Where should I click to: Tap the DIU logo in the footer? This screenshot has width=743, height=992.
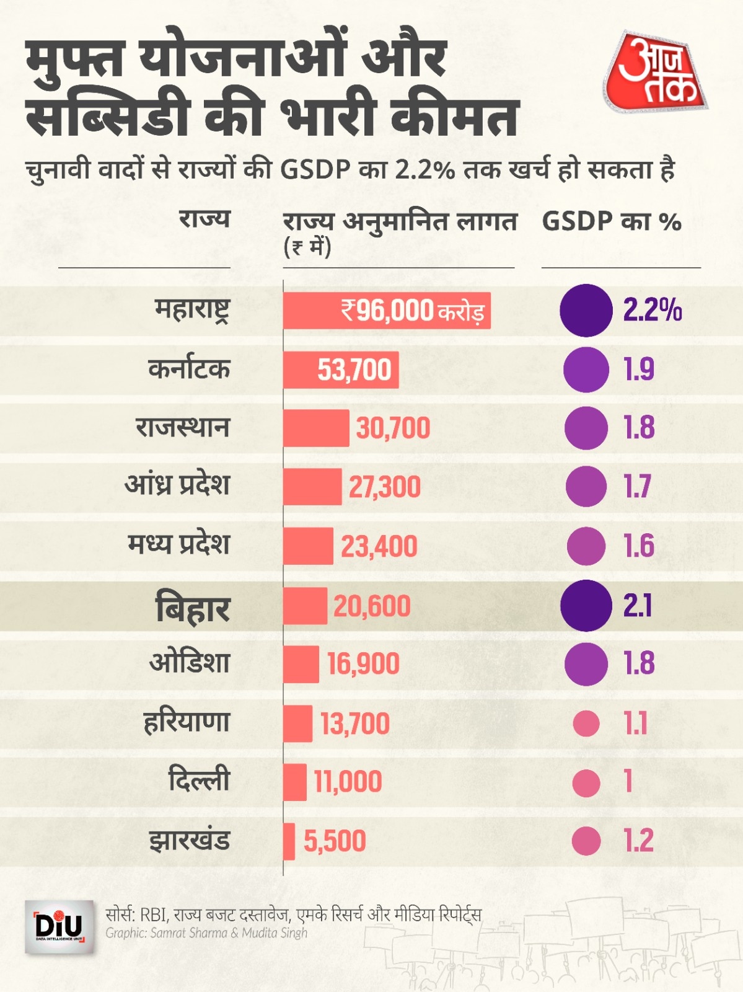pyautogui.click(x=59, y=928)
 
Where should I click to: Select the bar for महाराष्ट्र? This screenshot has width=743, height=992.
pyautogui.click(x=387, y=310)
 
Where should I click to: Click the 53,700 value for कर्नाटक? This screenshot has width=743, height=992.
pyautogui.click(x=354, y=370)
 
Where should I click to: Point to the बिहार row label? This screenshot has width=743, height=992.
pyautogui.click(x=192, y=608)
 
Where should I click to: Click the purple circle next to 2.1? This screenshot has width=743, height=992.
pyautogui.click(x=586, y=606)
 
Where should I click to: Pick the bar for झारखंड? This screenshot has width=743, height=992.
pyautogui.click(x=289, y=841)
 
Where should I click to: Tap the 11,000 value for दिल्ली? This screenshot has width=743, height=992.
pyautogui.click(x=348, y=781)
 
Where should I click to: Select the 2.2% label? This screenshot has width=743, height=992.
pyautogui.click(x=652, y=310)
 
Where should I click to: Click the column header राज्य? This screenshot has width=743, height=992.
pyautogui.click(x=204, y=219)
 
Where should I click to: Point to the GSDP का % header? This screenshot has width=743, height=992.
pyautogui.click(x=611, y=222)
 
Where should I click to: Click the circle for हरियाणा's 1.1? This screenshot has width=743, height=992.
pyautogui.click(x=586, y=723)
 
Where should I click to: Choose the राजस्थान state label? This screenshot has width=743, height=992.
pyautogui.click(x=183, y=428)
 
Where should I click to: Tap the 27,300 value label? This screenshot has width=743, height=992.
pyautogui.click(x=384, y=487)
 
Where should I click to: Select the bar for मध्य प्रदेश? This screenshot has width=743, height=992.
pyautogui.click(x=308, y=546)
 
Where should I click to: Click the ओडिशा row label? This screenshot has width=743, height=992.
pyautogui.click(x=190, y=663)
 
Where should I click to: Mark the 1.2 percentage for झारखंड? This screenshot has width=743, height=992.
pyautogui.click(x=638, y=841)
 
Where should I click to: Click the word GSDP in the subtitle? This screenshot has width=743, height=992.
pyautogui.click(x=315, y=170)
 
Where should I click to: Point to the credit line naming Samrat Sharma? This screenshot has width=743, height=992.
pyautogui.click(x=206, y=933)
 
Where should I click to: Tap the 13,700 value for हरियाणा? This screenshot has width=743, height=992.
pyautogui.click(x=354, y=724)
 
